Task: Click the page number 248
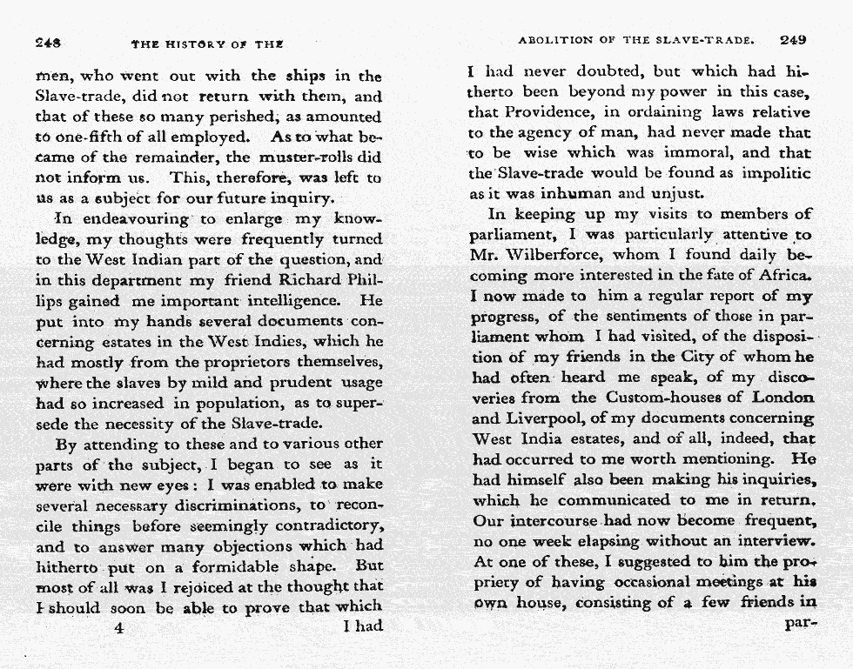[x=46, y=41]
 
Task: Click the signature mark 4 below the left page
[x=118, y=626]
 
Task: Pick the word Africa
[x=784, y=276]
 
